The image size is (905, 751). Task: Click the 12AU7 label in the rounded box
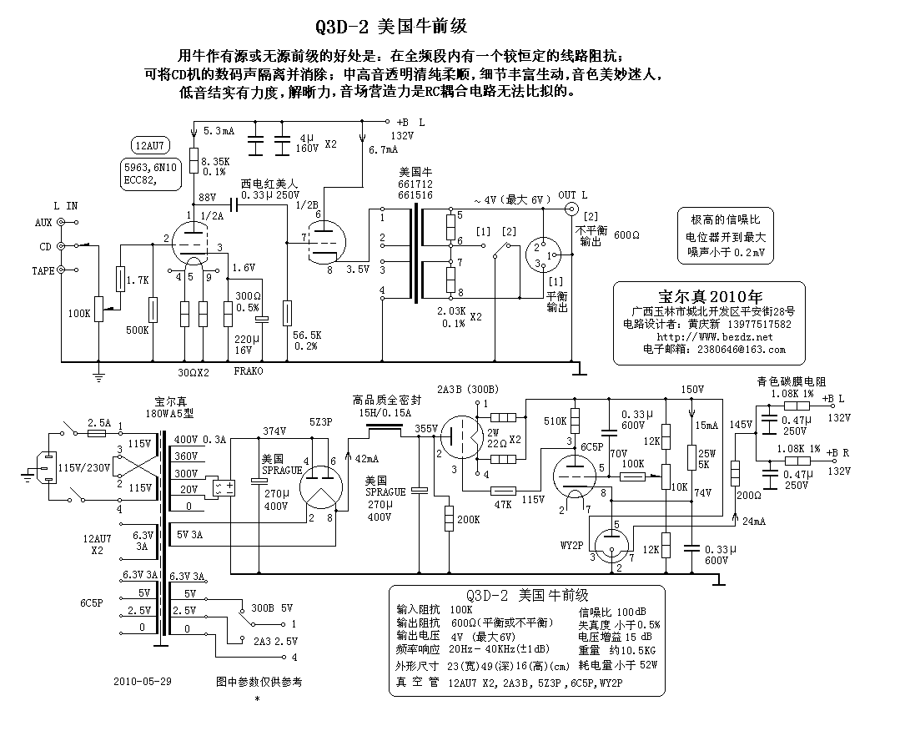147,144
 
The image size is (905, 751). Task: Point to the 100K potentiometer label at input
79,313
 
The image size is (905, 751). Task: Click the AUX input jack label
43,223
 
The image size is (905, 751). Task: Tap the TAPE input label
43,270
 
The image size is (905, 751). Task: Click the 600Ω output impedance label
626,236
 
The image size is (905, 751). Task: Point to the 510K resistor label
554,421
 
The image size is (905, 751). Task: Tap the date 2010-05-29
143,681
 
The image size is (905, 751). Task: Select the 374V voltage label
274,431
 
